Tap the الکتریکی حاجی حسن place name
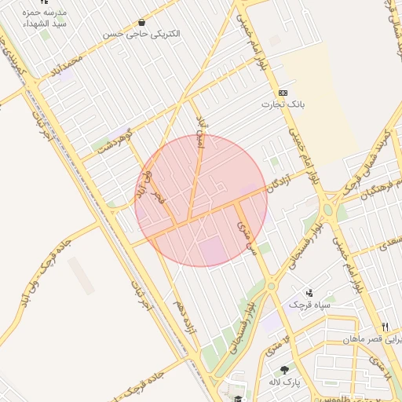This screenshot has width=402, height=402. click(x=141, y=35)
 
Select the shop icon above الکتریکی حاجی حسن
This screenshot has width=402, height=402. click(x=141, y=23)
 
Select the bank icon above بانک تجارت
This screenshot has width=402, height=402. click(x=283, y=93)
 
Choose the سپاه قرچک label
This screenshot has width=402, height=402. click(x=309, y=304)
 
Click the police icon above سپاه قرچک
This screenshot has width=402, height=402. click(x=310, y=292)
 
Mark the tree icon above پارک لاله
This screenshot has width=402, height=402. click(x=283, y=369)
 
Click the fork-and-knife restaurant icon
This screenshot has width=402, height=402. click(x=385, y=327)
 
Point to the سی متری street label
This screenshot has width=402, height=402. click(x=246, y=235)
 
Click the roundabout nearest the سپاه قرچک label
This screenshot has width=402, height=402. click(x=271, y=287)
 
